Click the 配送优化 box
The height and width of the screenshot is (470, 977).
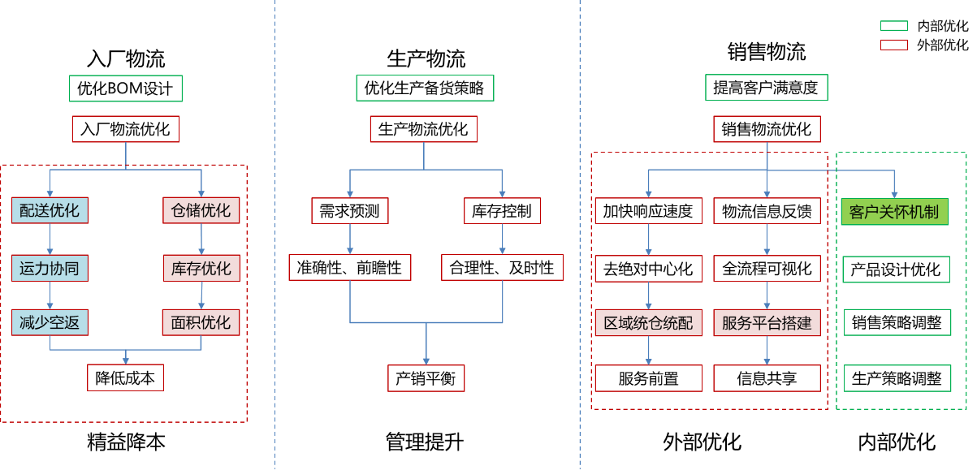(50, 210)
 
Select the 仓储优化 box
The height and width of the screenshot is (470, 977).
(201, 210)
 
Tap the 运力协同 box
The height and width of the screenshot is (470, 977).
(50, 268)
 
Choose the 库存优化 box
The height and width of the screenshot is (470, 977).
(201, 268)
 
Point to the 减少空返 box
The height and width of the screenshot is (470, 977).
(50, 322)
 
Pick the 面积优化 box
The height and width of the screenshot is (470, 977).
(201, 322)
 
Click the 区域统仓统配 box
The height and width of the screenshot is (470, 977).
(648, 323)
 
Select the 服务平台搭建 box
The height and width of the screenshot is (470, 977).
(767, 323)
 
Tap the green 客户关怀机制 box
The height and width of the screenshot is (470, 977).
(894, 212)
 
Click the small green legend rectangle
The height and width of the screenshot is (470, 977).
(893, 26)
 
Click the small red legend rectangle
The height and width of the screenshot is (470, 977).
(893, 45)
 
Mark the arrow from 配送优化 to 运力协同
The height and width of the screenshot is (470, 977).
(50, 239)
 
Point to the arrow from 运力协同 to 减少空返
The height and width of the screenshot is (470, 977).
(50, 295)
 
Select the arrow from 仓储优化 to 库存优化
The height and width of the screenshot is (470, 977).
(201, 239)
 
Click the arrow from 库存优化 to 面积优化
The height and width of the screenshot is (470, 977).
(201, 295)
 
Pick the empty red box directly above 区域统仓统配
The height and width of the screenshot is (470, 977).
(648, 269)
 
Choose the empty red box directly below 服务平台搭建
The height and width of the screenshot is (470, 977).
(767, 378)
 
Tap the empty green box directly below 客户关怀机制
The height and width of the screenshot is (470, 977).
(896, 269)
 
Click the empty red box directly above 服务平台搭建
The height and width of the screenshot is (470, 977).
(767, 269)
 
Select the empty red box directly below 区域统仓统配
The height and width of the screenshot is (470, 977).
(648, 378)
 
